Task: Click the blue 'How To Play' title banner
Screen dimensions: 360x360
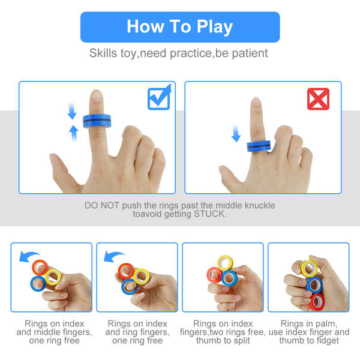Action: (180, 27)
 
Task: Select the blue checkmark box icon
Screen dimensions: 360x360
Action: (160, 97)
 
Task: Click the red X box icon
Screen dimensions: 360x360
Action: (318, 99)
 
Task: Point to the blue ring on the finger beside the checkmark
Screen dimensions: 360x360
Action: (97, 121)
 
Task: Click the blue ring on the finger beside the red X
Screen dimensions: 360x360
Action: (259, 146)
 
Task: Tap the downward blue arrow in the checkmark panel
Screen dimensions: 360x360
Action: (72, 110)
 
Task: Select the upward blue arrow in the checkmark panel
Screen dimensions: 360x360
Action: (74, 134)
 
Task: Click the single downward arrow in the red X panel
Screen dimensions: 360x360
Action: (236, 133)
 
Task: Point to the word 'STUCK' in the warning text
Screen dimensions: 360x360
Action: (209, 214)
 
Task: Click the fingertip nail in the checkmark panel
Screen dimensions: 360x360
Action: (97, 95)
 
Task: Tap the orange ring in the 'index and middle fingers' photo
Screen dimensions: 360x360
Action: (40, 268)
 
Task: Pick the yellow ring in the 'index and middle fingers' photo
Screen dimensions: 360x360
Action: (53, 277)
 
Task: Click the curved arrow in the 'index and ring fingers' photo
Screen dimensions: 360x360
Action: (114, 256)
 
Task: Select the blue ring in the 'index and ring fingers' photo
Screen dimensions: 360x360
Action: (129, 286)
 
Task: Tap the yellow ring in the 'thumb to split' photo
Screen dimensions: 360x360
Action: (225, 263)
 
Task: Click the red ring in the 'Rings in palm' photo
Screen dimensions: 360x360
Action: (317, 301)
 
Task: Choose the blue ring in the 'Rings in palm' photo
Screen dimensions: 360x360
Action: (314, 285)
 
